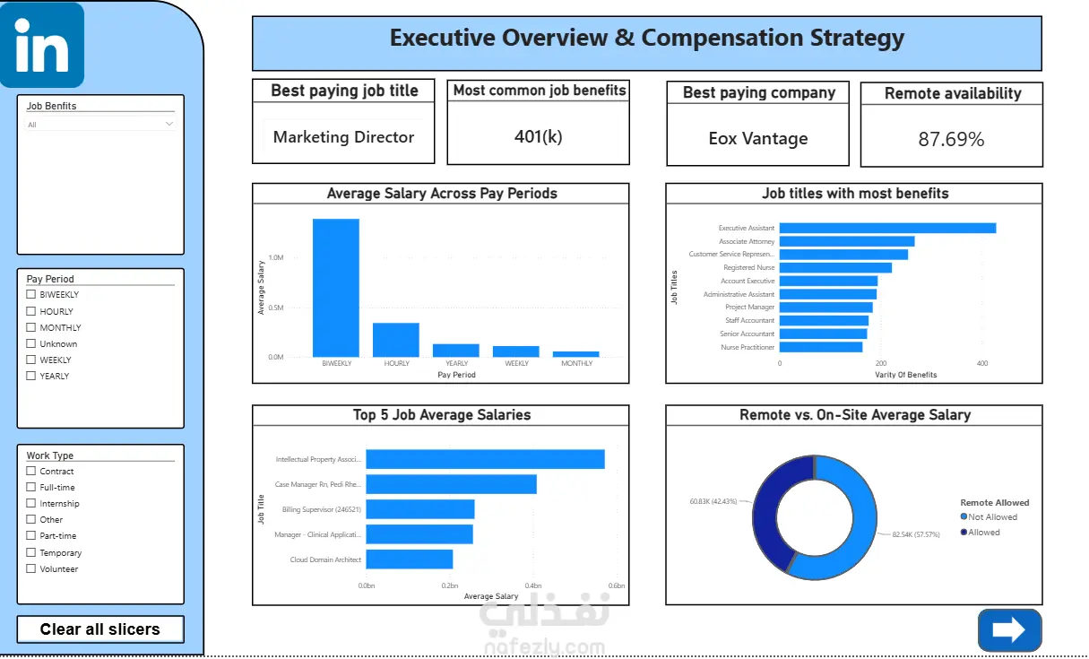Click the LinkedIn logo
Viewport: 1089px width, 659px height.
coord(42,45)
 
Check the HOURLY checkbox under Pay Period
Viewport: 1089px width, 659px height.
coord(31,311)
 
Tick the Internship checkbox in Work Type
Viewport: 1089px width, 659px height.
coord(31,503)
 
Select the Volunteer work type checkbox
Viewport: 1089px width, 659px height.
coord(31,568)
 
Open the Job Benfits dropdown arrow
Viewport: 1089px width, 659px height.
coord(169,124)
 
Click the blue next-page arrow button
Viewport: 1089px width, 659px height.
coord(1009,629)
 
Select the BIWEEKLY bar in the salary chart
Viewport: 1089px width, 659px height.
coord(336,288)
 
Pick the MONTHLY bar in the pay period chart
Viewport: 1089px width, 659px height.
coord(576,354)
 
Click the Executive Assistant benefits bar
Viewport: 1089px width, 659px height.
coord(887,228)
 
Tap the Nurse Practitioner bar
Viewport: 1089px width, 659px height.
coord(821,347)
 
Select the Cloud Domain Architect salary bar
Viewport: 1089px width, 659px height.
coord(410,559)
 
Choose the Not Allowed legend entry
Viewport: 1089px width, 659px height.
coord(989,517)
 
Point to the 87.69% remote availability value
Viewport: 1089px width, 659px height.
coord(951,140)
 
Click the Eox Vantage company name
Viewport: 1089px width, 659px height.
coord(758,139)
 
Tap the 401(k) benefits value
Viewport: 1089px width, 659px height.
coord(538,136)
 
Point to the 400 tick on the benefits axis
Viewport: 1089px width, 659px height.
coord(982,363)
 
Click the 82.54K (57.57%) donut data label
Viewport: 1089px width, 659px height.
coord(916,534)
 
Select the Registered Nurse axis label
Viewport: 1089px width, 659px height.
coord(748,267)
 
